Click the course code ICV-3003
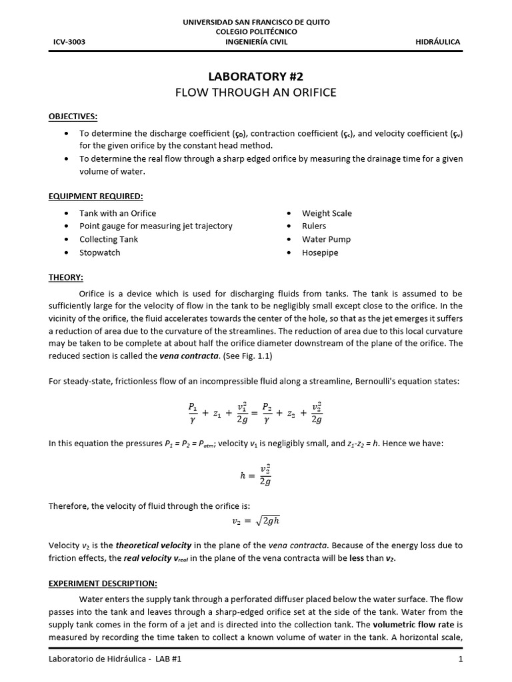(69, 42)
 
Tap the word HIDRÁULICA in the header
(437, 42)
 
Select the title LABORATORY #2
(256, 76)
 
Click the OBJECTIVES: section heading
(73, 117)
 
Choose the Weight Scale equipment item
(327, 213)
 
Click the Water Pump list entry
(326, 239)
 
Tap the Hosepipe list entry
(321, 252)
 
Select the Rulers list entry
(314, 226)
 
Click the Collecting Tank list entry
(108, 239)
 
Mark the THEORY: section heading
(65, 277)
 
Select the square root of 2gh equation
(255, 520)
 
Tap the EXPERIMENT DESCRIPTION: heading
(103, 583)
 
